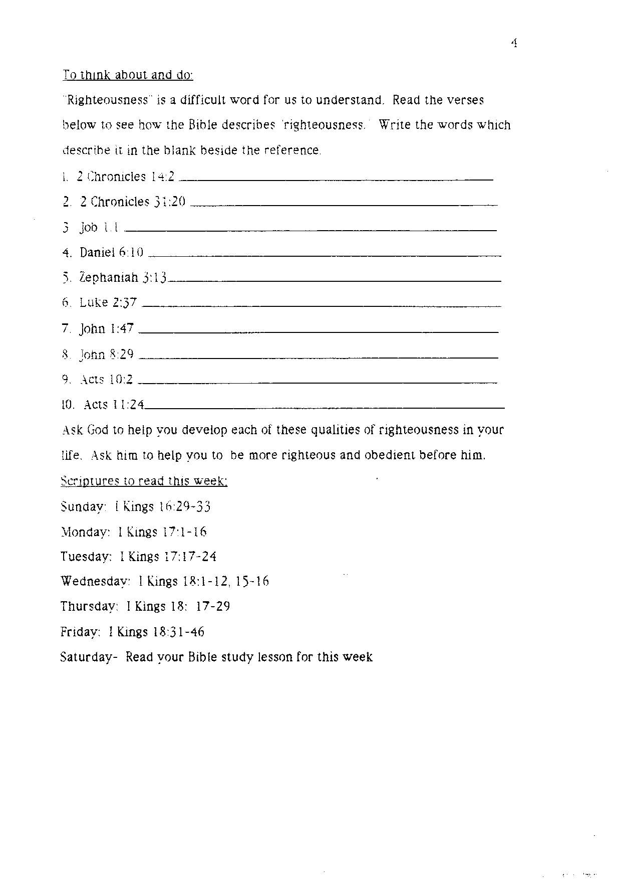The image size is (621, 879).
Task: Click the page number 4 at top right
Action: coord(514,43)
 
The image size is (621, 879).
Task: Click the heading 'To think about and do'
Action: coord(128,75)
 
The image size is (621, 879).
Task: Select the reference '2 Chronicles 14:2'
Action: coord(125,177)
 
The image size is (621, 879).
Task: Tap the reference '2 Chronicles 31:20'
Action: coord(132,202)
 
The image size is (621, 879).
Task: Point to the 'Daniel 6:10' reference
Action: coord(111,252)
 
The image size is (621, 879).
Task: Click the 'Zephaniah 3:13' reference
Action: coord(123,277)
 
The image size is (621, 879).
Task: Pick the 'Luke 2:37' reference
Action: coord(108,303)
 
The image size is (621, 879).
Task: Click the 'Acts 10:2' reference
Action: coord(106,380)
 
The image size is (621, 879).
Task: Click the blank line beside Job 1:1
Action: coord(310,230)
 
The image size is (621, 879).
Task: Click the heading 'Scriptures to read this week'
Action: coord(144,481)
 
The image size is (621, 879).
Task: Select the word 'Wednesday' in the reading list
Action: coord(95,582)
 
